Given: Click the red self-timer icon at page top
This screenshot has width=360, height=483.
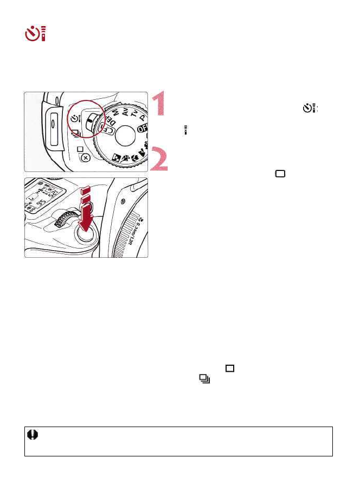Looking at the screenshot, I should click(x=36, y=34).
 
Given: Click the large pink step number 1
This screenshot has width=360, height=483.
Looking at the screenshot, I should click(x=159, y=104).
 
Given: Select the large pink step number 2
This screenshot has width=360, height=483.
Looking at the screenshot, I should click(x=159, y=158).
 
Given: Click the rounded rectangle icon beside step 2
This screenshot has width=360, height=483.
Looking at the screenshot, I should click(x=280, y=174).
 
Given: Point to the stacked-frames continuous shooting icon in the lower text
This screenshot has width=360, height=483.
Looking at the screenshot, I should click(x=204, y=379).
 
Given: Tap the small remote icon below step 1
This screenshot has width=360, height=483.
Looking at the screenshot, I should click(x=186, y=130).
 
